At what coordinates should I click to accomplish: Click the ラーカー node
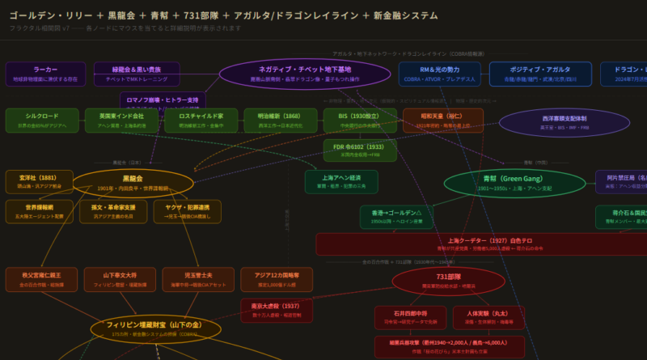[x=45, y=74]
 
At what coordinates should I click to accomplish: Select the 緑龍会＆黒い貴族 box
[x=137, y=74]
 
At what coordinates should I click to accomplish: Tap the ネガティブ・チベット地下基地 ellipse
[x=294, y=74]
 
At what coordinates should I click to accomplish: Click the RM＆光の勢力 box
[x=439, y=74]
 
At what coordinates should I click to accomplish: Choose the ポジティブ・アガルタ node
[x=540, y=74]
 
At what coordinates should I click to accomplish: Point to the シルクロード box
[x=42, y=120]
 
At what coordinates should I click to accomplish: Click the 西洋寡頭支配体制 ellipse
[x=554, y=122]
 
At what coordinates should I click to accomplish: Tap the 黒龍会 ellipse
[x=133, y=183]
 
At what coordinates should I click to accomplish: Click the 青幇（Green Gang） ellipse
[x=514, y=183]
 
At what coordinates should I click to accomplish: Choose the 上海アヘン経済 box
[x=341, y=181]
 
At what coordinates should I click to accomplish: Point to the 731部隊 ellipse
[x=448, y=281]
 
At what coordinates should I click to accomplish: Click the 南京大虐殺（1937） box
[x=276, y=311]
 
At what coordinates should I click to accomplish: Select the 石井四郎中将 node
[x=410, y=317]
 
